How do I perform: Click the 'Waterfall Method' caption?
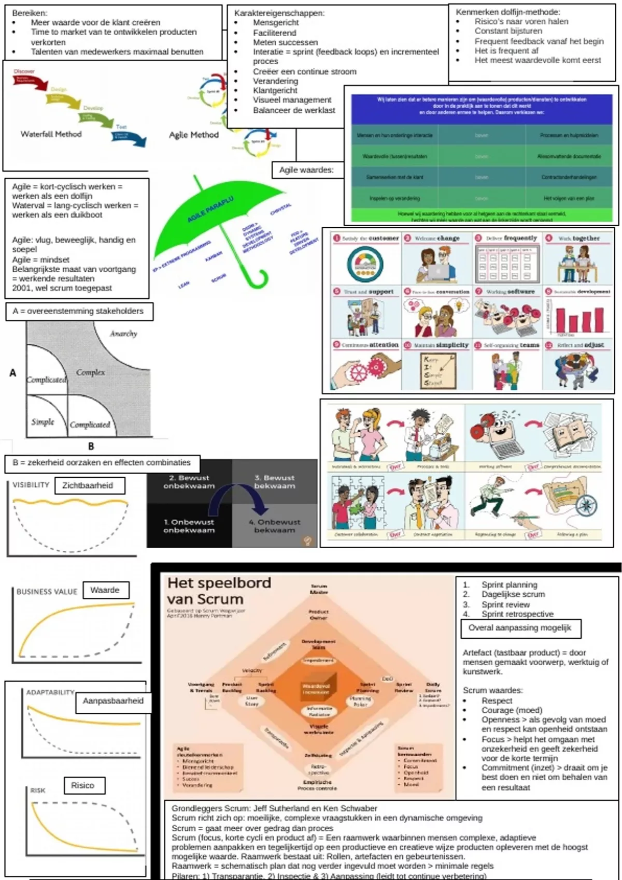coord(51,134)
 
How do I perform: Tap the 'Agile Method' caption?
coord(194,135)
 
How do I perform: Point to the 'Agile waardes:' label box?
coord(306,170)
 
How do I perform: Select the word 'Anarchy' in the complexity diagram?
coord(123,334)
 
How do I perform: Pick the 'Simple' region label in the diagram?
coord(43,422)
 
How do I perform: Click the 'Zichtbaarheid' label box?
coord(88,486)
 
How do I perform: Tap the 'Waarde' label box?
coord(105,590)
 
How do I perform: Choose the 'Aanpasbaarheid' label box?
coord(113,701)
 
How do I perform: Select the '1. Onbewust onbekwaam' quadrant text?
coord(189,526)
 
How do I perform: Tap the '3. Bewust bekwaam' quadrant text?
coord(275,482)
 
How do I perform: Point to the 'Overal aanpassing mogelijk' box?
coord(520,628)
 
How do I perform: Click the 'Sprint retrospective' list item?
coord(517,614)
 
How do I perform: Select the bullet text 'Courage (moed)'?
coord(512,710)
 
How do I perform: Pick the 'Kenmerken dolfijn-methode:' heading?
coord(507,12)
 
